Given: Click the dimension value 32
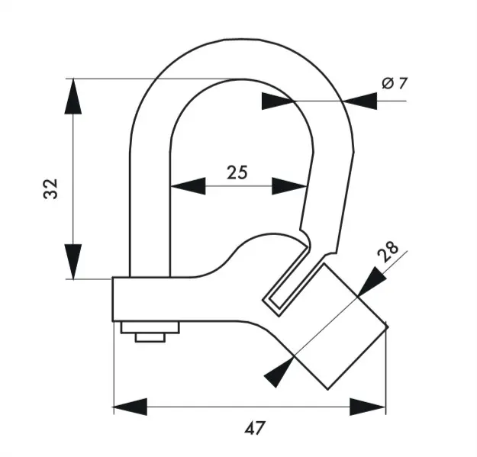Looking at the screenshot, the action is click(50, 188).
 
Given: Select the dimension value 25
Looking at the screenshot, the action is click(237, 172).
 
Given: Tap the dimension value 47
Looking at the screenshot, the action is click(255, 428).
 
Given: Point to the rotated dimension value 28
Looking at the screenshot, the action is click(388, 252).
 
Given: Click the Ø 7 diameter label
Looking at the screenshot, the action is click(395, 83).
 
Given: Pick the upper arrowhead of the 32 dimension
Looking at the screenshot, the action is click(73, 96).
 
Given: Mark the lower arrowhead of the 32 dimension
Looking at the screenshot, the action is click(73, 262).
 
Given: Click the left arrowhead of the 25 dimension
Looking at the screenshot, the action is click(188, 186).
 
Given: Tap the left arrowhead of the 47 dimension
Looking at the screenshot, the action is click(131, 407).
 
